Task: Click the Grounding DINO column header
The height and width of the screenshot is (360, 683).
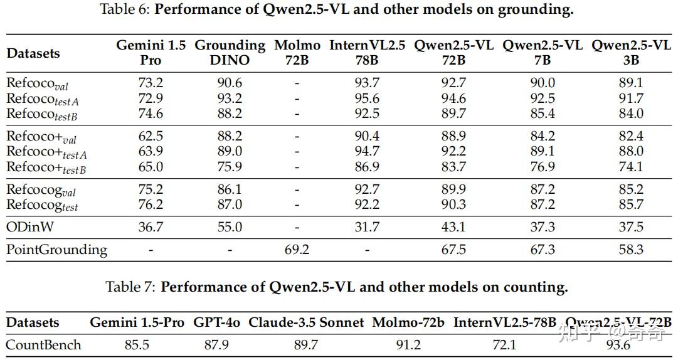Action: (230, 53)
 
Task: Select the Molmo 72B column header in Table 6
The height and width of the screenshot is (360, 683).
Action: (297, 53)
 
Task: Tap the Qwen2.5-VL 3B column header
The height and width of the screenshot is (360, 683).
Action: (631, 53)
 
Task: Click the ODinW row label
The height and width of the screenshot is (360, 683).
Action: (29, 227)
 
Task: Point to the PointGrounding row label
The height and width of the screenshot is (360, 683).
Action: (56, 250)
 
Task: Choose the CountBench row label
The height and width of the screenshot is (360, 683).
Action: (43, 345)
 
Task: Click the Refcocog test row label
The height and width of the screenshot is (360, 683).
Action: (42, 205)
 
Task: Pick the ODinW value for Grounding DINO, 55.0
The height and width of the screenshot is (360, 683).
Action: (230, 227)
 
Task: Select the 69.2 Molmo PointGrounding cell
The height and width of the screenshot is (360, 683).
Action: (297, 250)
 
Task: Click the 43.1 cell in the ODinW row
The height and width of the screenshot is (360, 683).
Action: (453, 227)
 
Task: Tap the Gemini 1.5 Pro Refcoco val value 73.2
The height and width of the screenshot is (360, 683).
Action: (151, 83)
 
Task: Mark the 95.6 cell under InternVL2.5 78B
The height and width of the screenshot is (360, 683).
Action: (367, 98)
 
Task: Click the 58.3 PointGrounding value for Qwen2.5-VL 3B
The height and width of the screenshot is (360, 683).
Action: (631, 250)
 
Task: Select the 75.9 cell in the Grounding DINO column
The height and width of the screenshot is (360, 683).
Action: (230, 167)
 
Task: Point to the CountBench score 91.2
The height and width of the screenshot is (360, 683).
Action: (408, 345)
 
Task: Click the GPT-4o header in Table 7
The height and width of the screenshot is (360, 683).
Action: (216, 322)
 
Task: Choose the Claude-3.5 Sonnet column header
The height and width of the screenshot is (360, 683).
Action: (306, 322)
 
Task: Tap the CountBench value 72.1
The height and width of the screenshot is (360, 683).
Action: (504, 345)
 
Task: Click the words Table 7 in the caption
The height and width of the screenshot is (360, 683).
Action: (130, 287)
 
